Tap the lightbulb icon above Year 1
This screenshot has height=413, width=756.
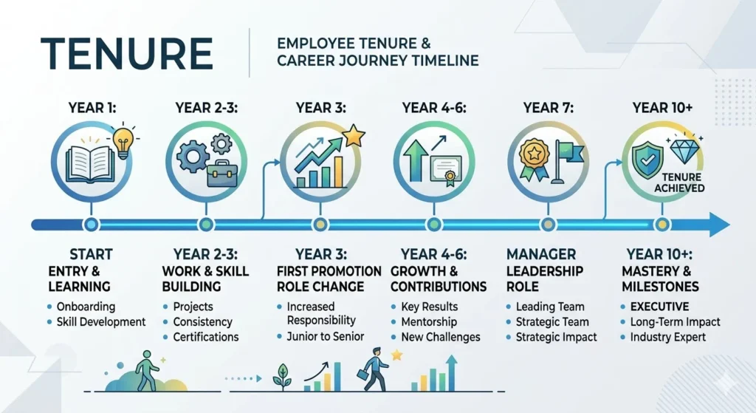pos(124,138)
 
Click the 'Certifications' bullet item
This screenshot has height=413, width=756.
pos(205,337)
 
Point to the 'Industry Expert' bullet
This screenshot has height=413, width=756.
pos(667,337)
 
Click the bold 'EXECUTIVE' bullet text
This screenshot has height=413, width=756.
pos(659,307)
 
